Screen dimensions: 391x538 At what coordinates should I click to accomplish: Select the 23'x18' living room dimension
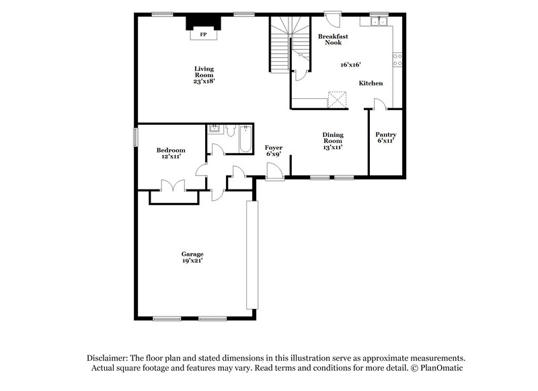(x=204, y=81)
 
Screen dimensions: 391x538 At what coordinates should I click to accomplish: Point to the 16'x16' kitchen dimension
(x=350, y=64)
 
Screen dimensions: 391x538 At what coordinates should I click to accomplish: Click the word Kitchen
(x=371, y=83)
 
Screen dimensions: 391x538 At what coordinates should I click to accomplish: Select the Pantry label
(x=385, y=134)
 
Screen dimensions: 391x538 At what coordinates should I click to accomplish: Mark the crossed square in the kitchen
(x=336, y=99)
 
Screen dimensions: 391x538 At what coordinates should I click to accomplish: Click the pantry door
(x=379, y=104)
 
